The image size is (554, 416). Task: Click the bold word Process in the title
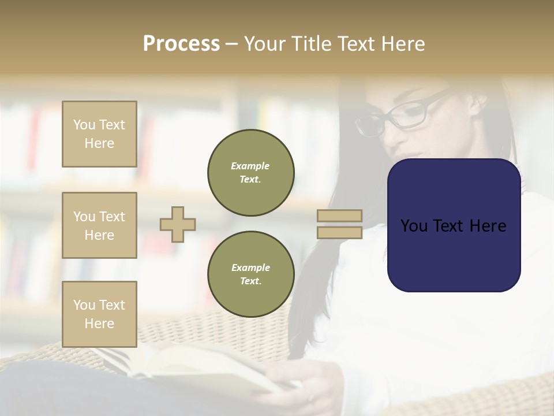(x=181, y=44)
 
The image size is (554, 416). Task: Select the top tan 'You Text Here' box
(x=99, y=134)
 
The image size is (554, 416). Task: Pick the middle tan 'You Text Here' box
(x=99, y=225)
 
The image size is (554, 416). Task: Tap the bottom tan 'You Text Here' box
(x=99, y=314)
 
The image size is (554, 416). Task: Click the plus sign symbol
(x=178, y=224)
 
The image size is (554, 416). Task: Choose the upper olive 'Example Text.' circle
(x=250, y=173)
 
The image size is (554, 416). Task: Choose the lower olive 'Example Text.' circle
(x=250, y=274)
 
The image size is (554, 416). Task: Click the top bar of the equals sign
(x=339, y=216)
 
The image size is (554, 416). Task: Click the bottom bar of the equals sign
(x=339, y=233)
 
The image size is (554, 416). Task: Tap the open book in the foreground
(x=190, y=370)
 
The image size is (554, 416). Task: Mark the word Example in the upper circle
(x=250, y=166)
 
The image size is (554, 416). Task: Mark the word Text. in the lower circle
(x=250, y=281)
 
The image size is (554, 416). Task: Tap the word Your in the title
(x=264, y=44)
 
